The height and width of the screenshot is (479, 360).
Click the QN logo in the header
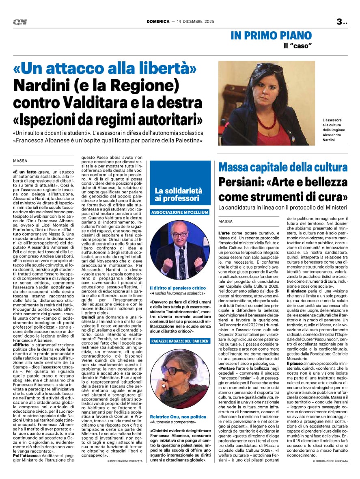19,22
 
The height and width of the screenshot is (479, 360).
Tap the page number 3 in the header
339,22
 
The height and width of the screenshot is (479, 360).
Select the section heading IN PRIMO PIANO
271,35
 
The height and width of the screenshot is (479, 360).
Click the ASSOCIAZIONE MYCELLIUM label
180,212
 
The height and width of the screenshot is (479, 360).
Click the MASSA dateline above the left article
20,161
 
